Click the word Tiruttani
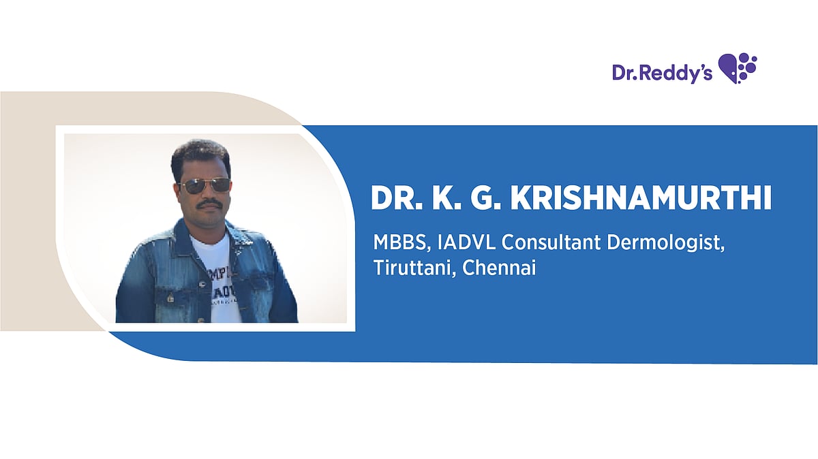[x=414, y=268]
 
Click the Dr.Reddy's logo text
[x=662, y=72]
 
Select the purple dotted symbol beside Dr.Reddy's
[x=738, y=68]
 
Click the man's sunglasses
[x=204, y=185]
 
